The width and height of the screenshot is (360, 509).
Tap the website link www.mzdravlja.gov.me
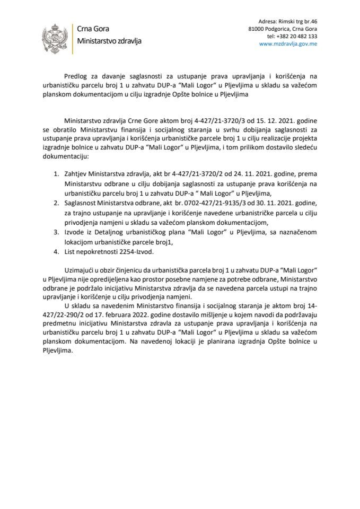click(287, 45)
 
